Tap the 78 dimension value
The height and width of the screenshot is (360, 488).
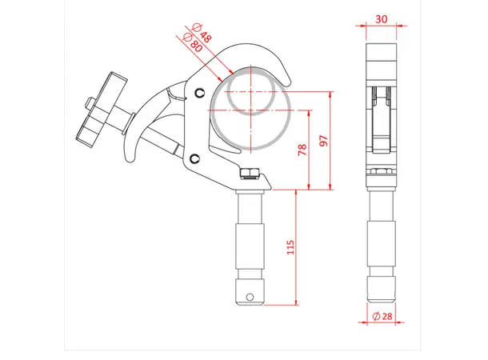pyautogui.click(x=302, y=150)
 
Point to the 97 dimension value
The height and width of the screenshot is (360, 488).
pyautogui.click(x=323, y=141)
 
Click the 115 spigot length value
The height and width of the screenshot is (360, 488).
pyautogui.click(x=290, y=249)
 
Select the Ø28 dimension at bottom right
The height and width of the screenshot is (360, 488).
pyautogui.click(x=382, y=318)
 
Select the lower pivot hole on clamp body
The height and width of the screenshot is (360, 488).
pyautogui.click(x=194, y=158)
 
